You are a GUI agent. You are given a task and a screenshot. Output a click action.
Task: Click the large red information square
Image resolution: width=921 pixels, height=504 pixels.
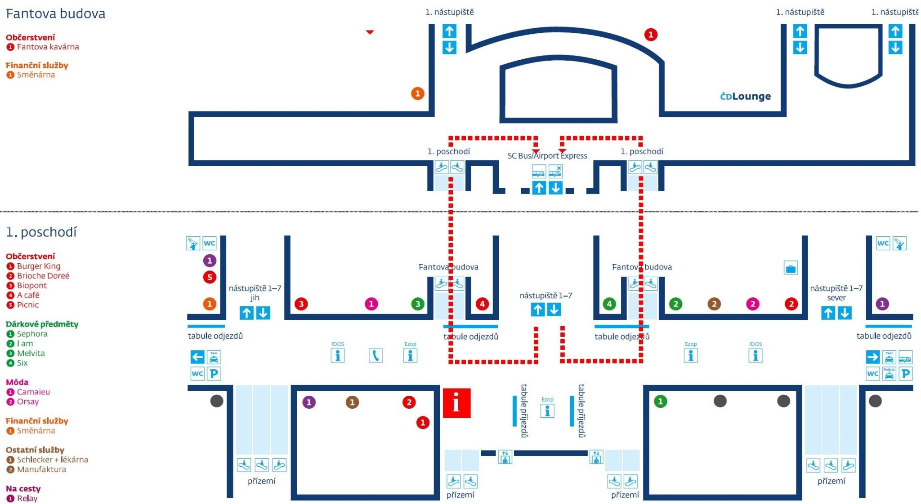pyautogui.click(x=456, y=402)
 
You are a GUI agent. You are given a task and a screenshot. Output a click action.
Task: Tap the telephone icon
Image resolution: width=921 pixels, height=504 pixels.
pyautogui.click(x=376, y=356)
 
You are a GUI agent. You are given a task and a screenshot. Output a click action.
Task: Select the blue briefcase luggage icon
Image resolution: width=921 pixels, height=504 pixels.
pyautogui.click(x=791, y=268)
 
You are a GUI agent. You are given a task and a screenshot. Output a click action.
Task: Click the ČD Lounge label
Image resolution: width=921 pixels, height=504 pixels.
pyautogui.click(x=745, y=96)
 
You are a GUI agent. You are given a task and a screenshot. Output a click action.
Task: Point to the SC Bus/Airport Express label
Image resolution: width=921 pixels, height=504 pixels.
pyautogui.click(x=547, y=155)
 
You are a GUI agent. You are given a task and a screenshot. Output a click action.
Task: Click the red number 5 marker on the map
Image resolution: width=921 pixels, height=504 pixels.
pyautogui.click(x=210, y=277)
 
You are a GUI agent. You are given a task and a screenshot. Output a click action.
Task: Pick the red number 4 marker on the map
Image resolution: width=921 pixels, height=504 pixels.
pyautogui.click(x=482, y=304)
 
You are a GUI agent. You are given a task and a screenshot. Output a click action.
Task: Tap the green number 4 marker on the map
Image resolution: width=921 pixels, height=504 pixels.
pyautogui.click(x=609, y=304)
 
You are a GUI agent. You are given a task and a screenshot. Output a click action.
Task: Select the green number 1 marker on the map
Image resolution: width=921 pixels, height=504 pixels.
pyautogui.click(x=660, y=401)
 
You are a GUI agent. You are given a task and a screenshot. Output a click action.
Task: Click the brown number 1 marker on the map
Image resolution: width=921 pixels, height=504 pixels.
pyautogui.click(x=352, y=402)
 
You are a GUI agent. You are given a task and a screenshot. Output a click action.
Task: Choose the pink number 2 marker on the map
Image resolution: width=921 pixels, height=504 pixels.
pyautogui.click(x=752, y=304)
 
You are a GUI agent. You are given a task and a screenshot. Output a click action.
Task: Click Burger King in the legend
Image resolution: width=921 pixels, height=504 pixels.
pyautogui.click(x=39, y=266)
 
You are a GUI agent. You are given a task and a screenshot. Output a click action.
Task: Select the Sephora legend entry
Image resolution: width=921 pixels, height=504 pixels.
pyautogui.click(x=32, y=334)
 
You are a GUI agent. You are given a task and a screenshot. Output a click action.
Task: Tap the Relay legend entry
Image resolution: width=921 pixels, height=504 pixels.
pyautogui.click(x=27, y=498)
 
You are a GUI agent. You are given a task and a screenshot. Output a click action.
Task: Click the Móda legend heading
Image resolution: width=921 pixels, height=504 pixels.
pyautogui.click(x=17, y=382)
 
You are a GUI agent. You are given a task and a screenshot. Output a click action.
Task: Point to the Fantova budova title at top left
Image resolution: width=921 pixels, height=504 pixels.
pyautogui.click(x=56, y=13)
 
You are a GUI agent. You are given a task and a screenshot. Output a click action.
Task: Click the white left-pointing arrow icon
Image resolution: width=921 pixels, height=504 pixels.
pyautogui.click(x=197, y=357)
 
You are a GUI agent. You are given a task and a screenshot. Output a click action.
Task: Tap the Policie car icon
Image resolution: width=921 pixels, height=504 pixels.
pyautogui.click(x=889, y=374)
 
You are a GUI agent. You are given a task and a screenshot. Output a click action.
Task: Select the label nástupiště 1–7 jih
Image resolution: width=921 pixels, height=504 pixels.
pyautogui.click(x=255, y=293)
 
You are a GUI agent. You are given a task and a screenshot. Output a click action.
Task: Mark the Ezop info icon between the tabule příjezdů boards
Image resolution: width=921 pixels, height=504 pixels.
pyautogui.click(x=547, y=408)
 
